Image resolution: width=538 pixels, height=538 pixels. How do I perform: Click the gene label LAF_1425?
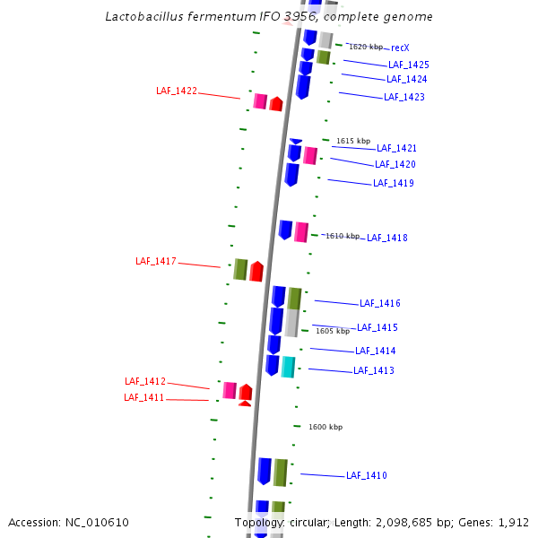(408, 65)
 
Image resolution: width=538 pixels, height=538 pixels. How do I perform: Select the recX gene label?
(400, 48)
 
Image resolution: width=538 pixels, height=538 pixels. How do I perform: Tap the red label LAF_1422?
(176, 91)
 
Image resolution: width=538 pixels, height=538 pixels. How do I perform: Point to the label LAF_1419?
(393, 183)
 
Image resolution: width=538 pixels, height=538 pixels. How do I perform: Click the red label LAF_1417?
(156, 261)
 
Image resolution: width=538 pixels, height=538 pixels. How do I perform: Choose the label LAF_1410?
(366, 475)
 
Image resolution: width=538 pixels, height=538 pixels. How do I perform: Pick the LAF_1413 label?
(373, 370)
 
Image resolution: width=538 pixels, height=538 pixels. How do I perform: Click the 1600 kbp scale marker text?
(325, 427)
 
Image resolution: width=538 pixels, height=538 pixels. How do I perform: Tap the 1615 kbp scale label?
(352, 141)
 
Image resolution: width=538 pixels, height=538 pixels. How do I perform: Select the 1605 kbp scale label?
(332, 331)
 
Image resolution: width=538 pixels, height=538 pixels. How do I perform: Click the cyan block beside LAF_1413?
(288, 367)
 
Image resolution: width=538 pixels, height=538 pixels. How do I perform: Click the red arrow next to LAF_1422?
(276, 104)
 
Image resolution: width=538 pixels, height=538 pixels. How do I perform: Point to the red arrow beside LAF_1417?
(256, 271)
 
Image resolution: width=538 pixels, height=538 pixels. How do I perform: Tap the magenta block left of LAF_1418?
(301, 232)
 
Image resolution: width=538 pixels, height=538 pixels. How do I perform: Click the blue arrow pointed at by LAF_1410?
(265, 471)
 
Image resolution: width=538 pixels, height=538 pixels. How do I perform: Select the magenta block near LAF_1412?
(230, 390)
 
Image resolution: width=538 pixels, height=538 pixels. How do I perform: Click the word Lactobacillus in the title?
(150, 16)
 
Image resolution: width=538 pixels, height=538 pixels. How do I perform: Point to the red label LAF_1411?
(143, 397)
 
